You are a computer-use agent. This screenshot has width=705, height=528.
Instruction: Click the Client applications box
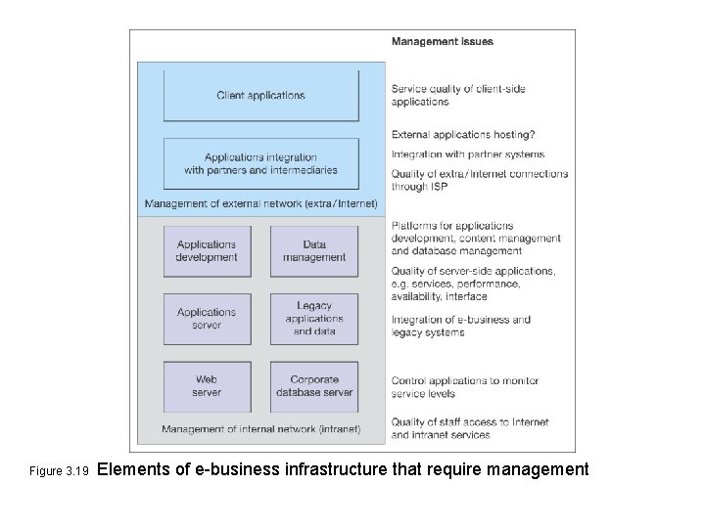[260, 95]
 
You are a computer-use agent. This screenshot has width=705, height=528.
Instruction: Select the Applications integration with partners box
[260, 163]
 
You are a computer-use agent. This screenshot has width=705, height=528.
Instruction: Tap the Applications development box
[207, 251]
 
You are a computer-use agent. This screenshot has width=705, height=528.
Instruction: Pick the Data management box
[314, 251]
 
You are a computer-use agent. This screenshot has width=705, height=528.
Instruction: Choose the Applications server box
[207, 319]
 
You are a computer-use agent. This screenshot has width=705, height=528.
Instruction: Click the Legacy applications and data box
[314, 319]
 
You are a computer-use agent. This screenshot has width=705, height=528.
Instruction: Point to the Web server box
[207, 386]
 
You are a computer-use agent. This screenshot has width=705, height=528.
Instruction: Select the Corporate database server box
[314, 386]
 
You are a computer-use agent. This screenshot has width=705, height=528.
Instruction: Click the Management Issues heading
[443, 42]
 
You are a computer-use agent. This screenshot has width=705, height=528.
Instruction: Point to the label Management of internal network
[260, 429]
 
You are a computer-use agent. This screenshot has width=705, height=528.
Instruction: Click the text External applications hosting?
[463, 135]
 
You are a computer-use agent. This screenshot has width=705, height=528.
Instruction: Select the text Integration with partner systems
[468, 154]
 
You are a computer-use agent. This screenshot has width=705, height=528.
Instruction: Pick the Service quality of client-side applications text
[458, 95]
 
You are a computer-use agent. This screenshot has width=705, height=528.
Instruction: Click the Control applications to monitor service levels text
[465, 387]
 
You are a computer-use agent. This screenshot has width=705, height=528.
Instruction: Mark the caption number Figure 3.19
[59, 471]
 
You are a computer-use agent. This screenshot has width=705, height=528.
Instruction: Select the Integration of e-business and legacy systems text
[461, 326]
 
